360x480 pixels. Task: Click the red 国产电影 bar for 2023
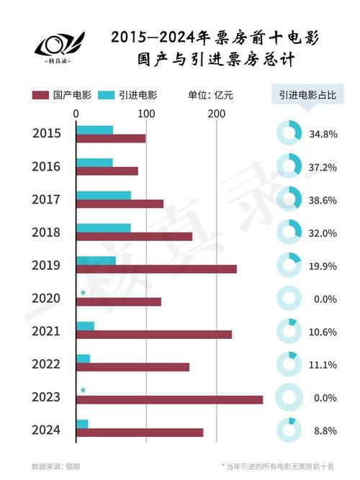tap(169, 400)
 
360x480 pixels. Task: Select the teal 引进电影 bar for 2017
tap(103, 195)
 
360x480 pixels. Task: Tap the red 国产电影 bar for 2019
tap(156, 269)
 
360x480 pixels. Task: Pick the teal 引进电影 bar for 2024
tap(82, 424)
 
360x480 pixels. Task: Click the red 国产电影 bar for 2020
tap(118, 302)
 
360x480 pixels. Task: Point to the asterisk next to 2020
tap(83, 293)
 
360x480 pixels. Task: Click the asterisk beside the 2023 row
tap(83, 391)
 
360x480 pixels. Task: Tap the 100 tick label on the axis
tap(146, 114)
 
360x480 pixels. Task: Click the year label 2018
tap(46, 232)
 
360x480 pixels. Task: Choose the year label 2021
tap(46, 331)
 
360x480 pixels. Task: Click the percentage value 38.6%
tap(323, 201)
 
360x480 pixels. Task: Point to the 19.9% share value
tap(323, 266)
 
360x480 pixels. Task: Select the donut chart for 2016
tap(288, 166)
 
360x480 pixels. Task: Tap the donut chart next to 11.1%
tap(288, 364)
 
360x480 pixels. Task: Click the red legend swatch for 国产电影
tap(40, 95)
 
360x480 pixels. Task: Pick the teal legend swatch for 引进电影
tap(107, 95)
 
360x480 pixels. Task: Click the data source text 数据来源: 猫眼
tap(56, 466)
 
